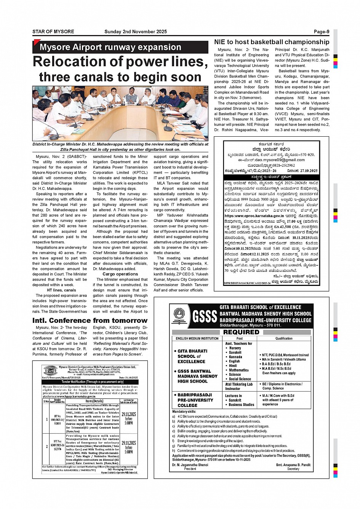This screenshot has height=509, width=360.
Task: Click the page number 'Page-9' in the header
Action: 321,32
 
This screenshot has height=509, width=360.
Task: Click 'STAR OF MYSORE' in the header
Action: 53,32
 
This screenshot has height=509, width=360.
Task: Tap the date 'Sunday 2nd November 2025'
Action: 135,32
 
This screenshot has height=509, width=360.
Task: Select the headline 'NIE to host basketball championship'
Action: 271,42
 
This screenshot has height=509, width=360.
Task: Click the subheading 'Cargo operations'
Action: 120,274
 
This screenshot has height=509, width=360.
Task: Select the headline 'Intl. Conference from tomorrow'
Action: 90,321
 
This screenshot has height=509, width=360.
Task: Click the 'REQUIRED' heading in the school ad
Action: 241,332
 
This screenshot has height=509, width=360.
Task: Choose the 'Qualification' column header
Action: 284,338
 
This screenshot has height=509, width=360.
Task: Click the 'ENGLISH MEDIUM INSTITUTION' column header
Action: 197,338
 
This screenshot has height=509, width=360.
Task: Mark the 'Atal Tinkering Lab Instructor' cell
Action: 239,386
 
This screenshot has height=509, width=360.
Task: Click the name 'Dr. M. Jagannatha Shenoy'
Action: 190,465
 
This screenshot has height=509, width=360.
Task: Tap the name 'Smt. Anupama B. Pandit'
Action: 293,465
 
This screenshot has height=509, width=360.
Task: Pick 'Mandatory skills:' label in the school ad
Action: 184,412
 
